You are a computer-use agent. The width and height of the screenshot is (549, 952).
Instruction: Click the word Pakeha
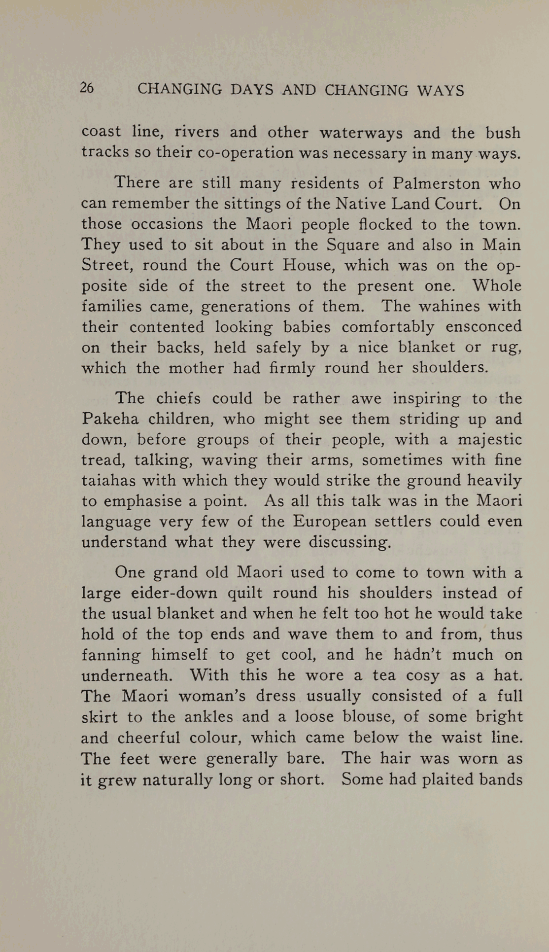(x=110, y=419)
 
